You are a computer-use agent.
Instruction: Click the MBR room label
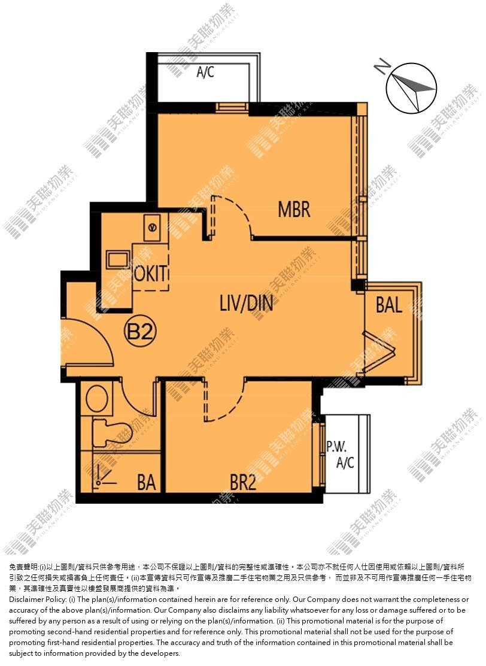pos(294,210)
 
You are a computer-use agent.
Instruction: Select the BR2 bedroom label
pos(243,483)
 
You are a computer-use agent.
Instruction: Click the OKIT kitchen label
pos(151,273)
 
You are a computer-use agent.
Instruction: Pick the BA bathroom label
pos(147,483)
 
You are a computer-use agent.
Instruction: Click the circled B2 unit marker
pos(140,331)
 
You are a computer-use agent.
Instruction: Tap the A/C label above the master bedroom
pos(205,72)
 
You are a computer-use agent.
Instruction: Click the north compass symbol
pos(411,88)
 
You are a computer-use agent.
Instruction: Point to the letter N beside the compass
pos(382,66)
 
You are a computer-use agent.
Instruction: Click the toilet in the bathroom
pos(113,432)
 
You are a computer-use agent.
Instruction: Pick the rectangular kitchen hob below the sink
pos(118,260)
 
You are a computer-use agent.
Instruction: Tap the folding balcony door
pos(380,351)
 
